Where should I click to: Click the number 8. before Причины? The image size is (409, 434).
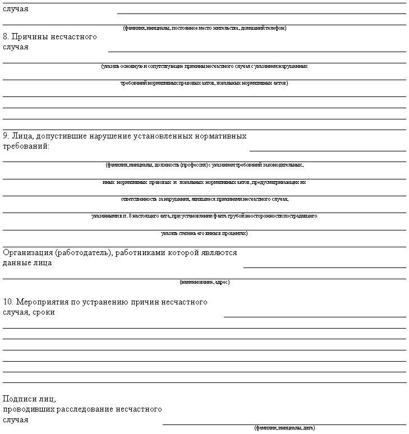click(x=7, y=37)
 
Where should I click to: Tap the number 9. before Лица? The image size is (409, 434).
click(x=7, y=136)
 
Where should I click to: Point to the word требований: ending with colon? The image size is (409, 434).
click(x=26, y=146)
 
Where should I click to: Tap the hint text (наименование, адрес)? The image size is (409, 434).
click(x=204, y=282)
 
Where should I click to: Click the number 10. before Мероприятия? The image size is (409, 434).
click(x=9, y=302)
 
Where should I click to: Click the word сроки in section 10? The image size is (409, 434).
click(x=43, y=312)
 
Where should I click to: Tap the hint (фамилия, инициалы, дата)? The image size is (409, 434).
click(x=284, y=428)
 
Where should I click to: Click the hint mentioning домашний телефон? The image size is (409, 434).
click(x=204, y=28)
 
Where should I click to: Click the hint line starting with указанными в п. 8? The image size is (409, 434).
click(x=204, y=216)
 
